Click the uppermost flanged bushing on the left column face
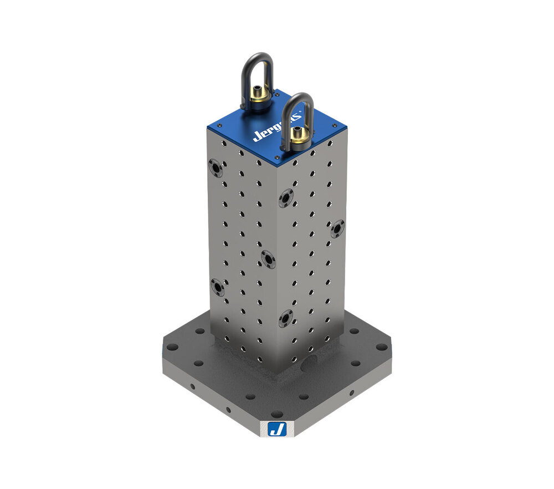(x=216, y=167)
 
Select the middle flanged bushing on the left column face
(x=268, y=259)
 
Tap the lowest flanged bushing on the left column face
(x=218, y=287)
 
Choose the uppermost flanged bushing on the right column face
(x=286, y=198)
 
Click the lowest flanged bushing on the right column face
(x=285, y=318)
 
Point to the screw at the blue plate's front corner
(x=276, y=158)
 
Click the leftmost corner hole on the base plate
(x=172, y=347)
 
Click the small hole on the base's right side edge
(x=351, y=393)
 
